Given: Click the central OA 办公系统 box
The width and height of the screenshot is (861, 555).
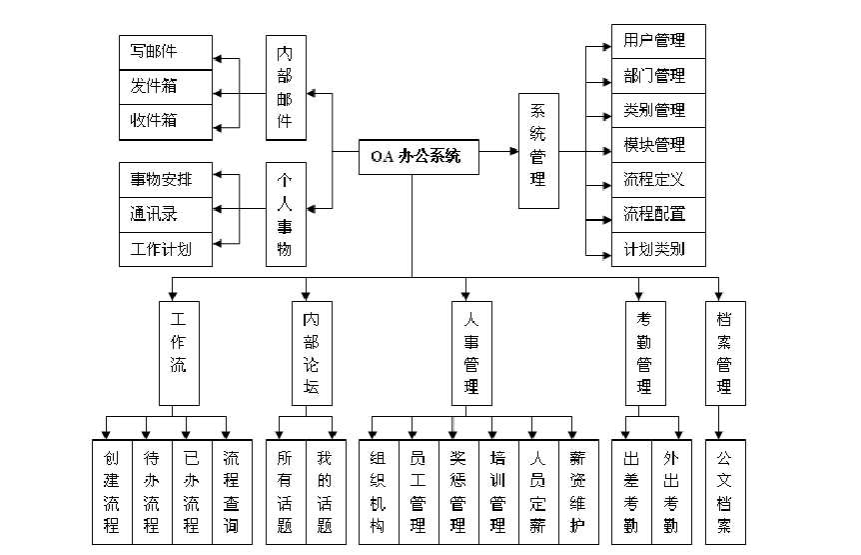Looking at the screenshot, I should [x=418, y=156].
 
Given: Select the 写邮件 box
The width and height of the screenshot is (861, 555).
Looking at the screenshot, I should [x=166, y=52].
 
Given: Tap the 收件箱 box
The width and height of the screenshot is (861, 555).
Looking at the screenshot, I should [x=166, y=121].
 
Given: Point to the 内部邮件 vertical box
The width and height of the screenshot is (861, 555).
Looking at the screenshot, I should [x=286, y=87].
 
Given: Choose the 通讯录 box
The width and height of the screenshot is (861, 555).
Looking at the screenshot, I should [x=166, y=213].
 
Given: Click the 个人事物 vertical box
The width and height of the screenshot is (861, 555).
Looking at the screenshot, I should [x=286, y=214].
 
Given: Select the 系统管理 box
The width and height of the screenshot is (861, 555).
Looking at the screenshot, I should [x=538, y=151].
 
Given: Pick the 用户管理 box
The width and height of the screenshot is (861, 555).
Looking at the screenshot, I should [x=658, y=41].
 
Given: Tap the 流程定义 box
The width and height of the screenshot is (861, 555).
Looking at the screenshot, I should [x=658, y=180].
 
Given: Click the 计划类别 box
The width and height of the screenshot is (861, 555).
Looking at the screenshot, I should [x=658, y=249].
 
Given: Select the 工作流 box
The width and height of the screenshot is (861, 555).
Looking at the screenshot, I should [x=179, y=351].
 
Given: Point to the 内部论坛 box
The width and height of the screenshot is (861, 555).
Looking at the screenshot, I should [x=311, y=351].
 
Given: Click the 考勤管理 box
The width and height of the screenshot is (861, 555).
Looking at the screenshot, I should [x=645, y=351].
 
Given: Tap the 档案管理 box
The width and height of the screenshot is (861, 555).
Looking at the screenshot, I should [x=724, y=351].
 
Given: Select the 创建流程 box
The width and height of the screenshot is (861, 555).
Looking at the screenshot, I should [x=112, y=491].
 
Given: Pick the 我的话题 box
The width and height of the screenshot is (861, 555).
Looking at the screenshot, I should [x=325, y=491].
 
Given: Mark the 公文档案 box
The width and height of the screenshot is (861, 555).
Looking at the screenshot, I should [x=724, y=491].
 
